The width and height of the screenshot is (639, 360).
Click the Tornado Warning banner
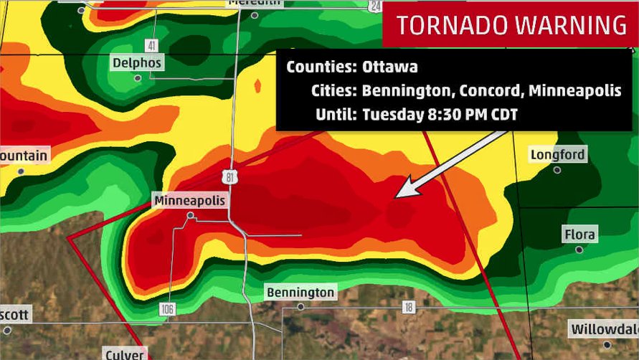511,25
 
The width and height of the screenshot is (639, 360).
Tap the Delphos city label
138,63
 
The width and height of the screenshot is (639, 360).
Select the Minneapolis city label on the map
189,201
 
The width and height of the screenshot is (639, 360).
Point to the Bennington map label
300,293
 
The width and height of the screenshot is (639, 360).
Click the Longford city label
557,155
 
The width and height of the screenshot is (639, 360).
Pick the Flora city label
579,235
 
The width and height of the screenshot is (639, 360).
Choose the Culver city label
124,354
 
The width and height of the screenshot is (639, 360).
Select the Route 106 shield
169,308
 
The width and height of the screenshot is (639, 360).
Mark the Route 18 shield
408,307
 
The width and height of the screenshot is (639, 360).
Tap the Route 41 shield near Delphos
151,45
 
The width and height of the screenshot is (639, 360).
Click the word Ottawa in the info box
390,67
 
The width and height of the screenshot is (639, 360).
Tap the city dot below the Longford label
557,170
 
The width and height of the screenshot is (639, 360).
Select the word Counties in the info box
320,67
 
